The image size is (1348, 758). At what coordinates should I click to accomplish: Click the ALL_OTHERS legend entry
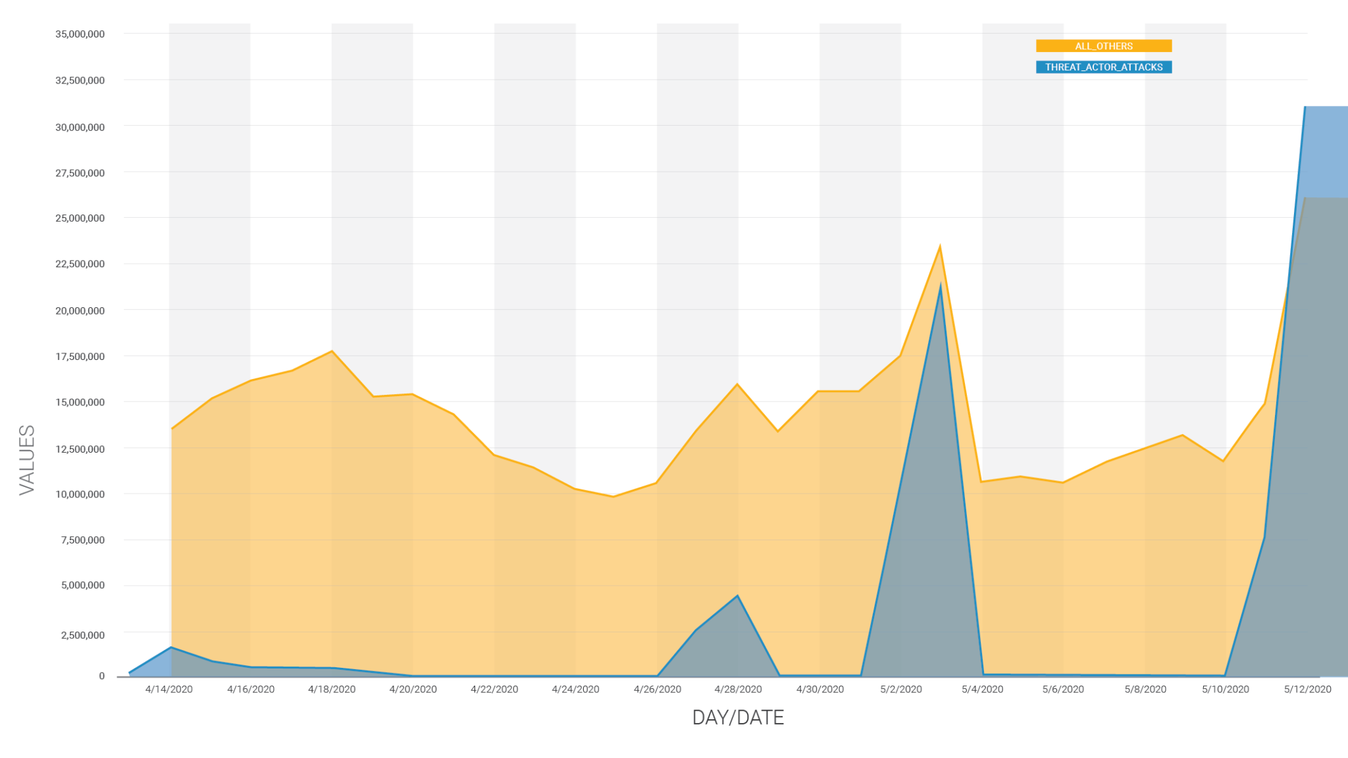(x=1103, y=46)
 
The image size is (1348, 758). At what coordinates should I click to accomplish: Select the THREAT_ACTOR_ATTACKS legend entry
(x=1103, y=67)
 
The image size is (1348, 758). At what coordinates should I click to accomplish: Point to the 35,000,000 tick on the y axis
(x=80, y=34)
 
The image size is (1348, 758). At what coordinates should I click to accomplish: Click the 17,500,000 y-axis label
(x=80, y=357)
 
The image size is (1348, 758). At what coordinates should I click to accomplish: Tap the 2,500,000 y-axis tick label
(x=82, y=635)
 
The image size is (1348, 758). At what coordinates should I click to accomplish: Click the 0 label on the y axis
(x=101, y=676)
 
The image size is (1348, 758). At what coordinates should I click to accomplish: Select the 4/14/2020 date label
(x=169, y=689)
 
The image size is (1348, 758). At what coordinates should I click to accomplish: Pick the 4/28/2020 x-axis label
(x=738, y=689)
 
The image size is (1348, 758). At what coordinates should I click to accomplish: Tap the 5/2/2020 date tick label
(x=901, y=689)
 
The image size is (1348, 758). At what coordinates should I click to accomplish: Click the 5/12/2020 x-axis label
(x=1307, y=689)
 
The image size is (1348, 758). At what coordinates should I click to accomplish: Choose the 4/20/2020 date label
(x=413, y=689)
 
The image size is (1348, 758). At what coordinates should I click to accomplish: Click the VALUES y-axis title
(x=27, y=459)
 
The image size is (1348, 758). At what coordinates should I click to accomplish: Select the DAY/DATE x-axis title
(x=738, y=717)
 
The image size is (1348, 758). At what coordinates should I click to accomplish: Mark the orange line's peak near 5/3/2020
(x=940, y=247)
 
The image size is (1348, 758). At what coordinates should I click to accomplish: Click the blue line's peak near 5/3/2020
(x=941, y=284)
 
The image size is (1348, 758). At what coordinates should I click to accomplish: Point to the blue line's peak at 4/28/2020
(x=738, y=596)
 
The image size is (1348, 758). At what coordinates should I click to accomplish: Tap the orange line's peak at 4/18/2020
(x=332, y=351)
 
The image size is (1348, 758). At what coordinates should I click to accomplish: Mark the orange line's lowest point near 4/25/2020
(x=613, y=496)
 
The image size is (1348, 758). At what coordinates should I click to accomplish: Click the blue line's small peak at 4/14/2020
(x=171, y=647)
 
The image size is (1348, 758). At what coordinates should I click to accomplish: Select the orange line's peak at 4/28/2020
(x=737, y=384)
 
